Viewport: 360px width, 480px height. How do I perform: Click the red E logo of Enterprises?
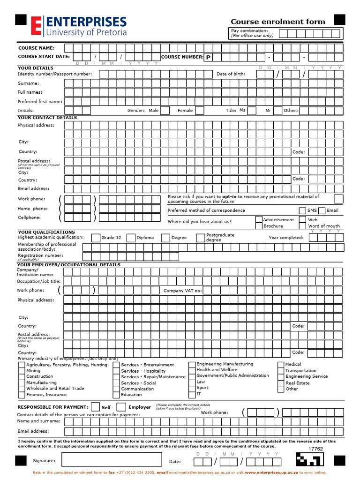point(36,25)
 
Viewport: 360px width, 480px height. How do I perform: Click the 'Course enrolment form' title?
point(277,22)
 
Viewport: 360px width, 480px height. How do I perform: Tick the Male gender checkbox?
point(166,111)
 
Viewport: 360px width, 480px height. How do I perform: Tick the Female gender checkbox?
point(200,111)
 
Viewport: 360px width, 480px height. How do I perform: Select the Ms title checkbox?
point(252,111)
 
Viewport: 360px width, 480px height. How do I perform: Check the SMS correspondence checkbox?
point(302,211)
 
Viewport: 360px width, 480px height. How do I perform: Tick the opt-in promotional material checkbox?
point(338,199)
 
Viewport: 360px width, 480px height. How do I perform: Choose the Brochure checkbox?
point(259,226)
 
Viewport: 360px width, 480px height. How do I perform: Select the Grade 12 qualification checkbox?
point(96,238)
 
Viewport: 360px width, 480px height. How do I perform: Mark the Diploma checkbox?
point(131,238)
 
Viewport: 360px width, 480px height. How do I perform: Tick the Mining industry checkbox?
point(22,371)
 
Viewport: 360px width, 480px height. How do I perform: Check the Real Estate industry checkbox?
point(281,383)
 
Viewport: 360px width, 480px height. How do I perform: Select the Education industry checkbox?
point(116,395)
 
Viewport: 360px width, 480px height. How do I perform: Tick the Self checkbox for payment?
point(95,407)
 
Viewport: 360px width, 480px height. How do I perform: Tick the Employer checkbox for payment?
point(121,407)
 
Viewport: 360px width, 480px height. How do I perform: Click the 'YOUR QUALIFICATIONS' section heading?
point(46,232)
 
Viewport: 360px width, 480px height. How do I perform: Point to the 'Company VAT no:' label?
point(182,291)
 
